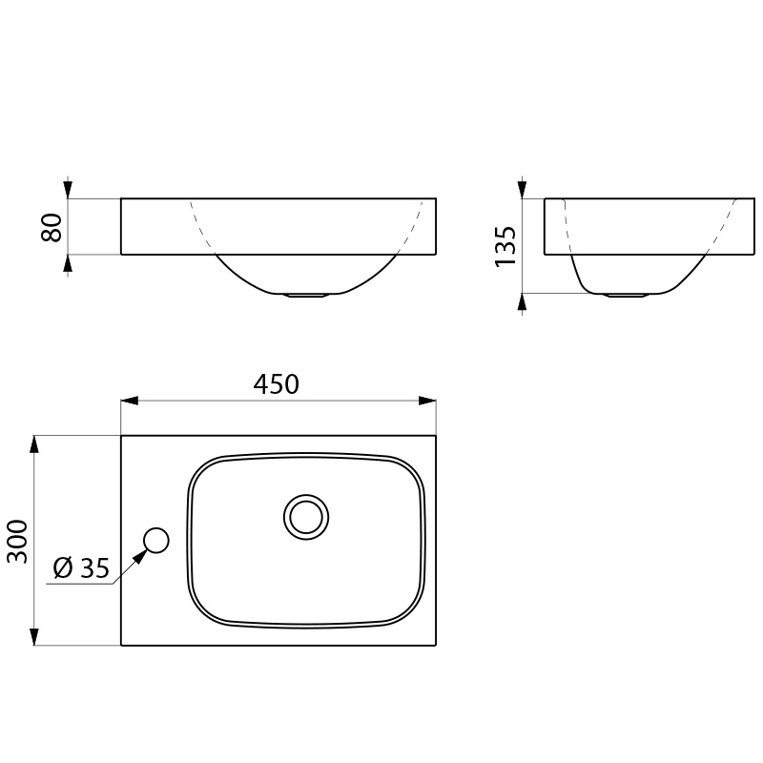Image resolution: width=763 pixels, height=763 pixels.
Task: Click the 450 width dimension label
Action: (x=276, y=384)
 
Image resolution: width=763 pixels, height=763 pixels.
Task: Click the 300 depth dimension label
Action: (x=17, y=541)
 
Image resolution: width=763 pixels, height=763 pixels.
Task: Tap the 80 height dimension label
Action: (x=52, y=227)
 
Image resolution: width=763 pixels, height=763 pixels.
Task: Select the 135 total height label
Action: (x=505, y=246)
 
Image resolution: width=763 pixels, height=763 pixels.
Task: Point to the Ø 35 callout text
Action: (x=81, y=567)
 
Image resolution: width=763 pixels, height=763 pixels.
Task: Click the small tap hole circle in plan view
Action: (x=156, y=540)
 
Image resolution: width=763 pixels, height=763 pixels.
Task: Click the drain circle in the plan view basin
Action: (x=306, y=517)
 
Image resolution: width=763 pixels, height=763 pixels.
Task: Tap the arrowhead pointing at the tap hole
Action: (x=140, y=556)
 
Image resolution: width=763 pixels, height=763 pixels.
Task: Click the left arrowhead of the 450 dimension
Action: (x=130, y=401)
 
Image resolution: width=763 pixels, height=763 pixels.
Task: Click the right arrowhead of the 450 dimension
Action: (x=427, y=401)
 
